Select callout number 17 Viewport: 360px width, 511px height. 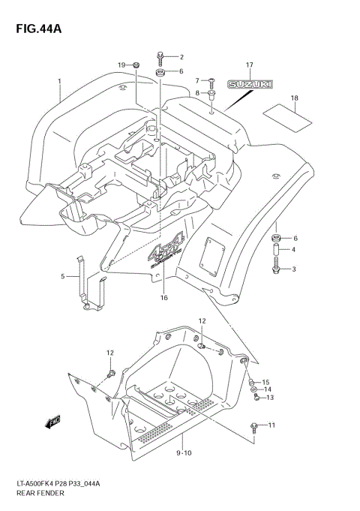(249, 65)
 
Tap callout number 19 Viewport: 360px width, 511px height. (121, 66)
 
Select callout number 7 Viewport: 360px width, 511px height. (197, 80)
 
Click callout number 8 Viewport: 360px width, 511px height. (197, 92)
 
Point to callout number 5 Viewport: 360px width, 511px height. (63, 276)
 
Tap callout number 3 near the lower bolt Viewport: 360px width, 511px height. (295, 269)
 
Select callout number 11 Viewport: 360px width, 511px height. (271, 425)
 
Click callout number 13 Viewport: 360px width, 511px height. (270, 398)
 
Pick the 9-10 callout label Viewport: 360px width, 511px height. (183, 453)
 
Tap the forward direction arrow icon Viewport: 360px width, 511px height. (53, 422)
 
